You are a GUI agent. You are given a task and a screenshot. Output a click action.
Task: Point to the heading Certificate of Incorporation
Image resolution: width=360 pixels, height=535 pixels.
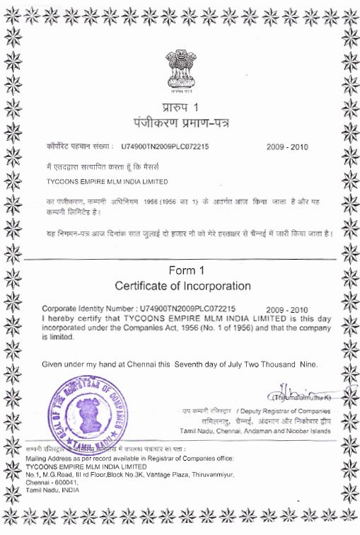[183, 286]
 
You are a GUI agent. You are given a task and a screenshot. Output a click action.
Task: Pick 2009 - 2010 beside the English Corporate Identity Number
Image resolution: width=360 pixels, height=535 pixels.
[288, 310]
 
